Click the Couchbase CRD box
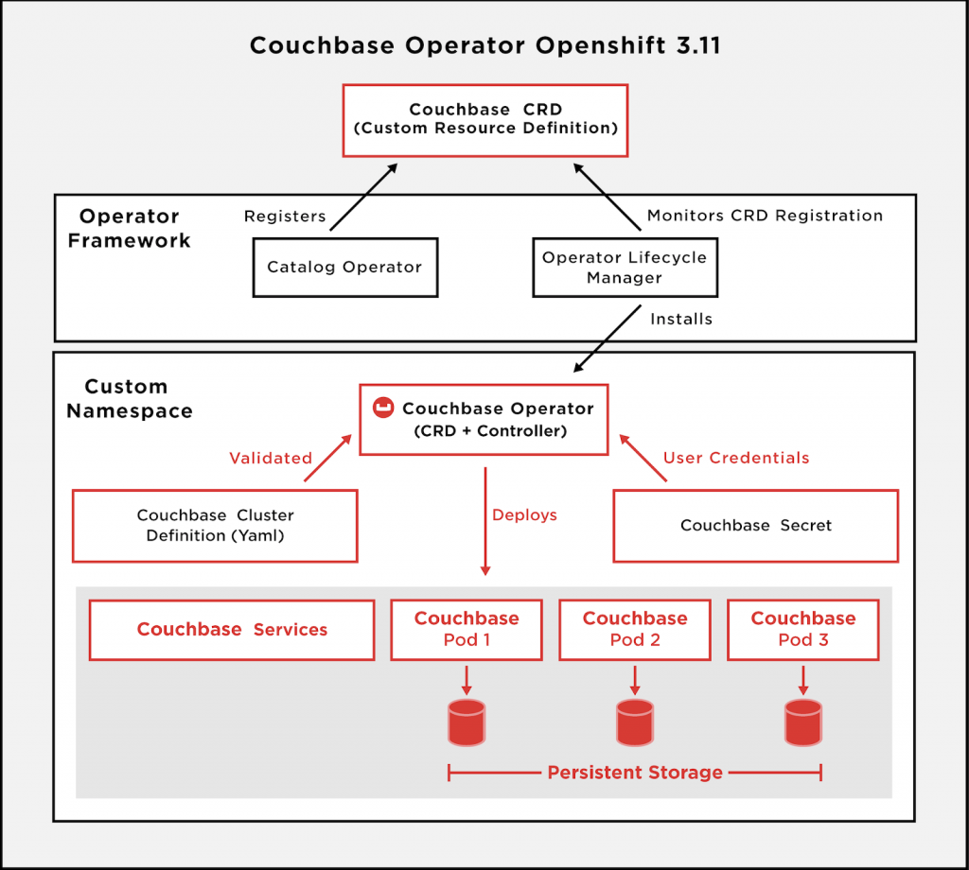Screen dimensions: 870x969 point(484,119)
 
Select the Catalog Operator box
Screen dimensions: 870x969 point(344,268)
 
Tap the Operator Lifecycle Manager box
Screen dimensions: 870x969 point(624,268)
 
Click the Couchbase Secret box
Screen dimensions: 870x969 point(755,525)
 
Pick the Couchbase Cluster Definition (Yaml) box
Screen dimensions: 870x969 point(216,525)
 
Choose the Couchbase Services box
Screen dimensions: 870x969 point(232,630)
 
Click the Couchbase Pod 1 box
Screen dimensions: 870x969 point(467,630)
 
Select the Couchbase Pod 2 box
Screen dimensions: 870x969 point(635,630)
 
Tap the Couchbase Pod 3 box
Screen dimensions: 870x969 point(802,630)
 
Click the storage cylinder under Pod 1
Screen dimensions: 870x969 point(467,722)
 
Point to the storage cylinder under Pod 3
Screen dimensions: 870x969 point(803,722)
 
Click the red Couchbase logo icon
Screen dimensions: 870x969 point(383,409)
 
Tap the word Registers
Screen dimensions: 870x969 point(285,217)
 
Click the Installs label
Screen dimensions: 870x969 point(681,320)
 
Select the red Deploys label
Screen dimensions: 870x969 point(524,515)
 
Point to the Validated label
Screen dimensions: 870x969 point(271,459)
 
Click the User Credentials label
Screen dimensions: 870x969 point(736,459)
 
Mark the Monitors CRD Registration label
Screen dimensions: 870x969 point(765,217)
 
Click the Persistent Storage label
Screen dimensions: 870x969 point(635,773)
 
